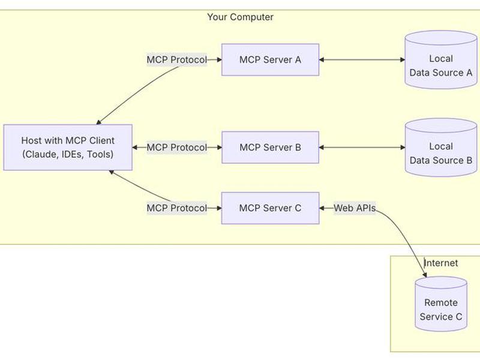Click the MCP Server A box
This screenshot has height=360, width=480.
[271, 59]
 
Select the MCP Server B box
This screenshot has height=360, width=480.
[271, 147]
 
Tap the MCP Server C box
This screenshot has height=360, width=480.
[271, 208]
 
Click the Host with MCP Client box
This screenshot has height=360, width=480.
[68, 147]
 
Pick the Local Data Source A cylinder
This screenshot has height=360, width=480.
[441, 59]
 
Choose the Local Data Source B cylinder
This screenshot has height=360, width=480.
[441, 147]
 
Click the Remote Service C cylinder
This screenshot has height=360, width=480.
[441, 304]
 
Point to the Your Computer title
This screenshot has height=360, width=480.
[241, 17]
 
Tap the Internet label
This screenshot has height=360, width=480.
[441, 263]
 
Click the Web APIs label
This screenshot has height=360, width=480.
[355, 208]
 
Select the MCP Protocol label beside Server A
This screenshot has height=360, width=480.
[177, 59]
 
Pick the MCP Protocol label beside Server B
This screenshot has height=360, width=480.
[177, 147]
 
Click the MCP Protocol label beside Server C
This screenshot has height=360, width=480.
[177, 208]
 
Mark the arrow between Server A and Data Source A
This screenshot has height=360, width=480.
[362, 59]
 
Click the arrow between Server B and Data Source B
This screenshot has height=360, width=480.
[362, 147]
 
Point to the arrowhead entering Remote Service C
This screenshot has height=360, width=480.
[425, 275]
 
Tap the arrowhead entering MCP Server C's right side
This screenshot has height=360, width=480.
[322, 208]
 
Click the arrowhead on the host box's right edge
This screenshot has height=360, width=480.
[135, 147]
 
